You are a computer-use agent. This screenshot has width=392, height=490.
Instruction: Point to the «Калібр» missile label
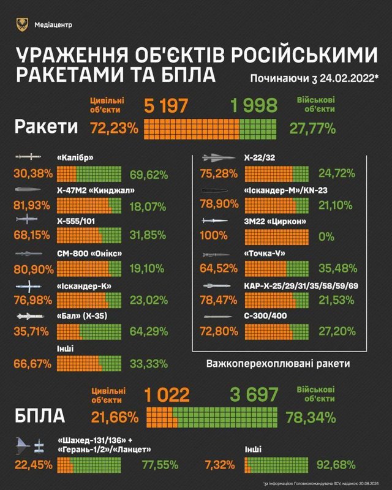click(77, 157)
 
